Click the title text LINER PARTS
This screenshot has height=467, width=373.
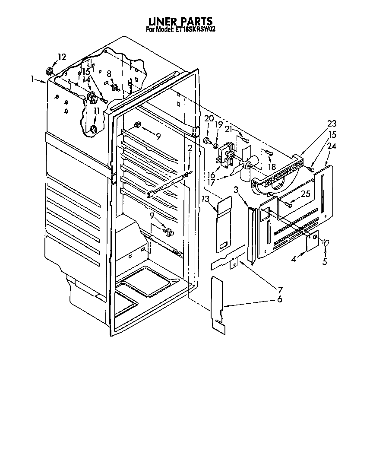(x=180, y=21)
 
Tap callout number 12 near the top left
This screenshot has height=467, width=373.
(x=62, y=57)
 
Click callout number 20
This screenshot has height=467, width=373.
(x=209, y=118)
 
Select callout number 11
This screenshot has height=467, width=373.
(x=96, y=111)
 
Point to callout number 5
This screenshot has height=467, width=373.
(x=325, y=261)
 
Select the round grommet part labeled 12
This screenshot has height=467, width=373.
(x=49, y=71)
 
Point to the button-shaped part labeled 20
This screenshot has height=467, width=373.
(x=206, y=140)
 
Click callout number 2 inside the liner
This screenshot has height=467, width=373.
(x=190, y=149)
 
